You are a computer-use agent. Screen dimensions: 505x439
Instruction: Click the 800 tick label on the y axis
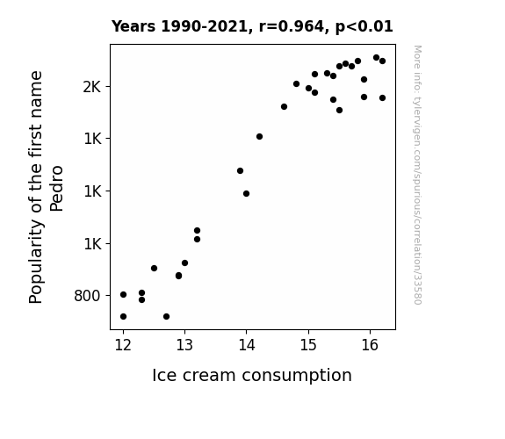87,296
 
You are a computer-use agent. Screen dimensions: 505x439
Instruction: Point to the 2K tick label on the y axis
92,87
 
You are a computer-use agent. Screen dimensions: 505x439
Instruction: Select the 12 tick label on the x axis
123,345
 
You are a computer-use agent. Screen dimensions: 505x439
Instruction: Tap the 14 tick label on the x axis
247,345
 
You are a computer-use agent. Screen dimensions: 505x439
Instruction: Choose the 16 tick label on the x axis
370,345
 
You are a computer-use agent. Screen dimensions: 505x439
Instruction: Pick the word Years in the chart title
133,26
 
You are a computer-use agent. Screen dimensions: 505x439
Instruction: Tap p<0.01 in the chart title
364,27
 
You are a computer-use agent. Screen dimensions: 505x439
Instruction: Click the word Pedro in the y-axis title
57,189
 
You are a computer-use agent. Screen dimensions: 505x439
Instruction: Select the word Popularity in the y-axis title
36,261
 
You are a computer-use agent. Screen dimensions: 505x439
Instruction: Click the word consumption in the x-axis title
297,376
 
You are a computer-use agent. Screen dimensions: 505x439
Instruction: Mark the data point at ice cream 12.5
154,269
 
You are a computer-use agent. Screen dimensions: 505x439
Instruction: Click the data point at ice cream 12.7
166,317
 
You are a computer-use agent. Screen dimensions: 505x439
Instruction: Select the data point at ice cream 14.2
259,137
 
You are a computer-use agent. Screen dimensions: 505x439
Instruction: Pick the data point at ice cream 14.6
284,106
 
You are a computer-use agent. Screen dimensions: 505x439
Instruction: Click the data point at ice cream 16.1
376,58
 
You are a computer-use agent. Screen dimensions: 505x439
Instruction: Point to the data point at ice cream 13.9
240,170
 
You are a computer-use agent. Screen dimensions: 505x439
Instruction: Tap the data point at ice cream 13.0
184,263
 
